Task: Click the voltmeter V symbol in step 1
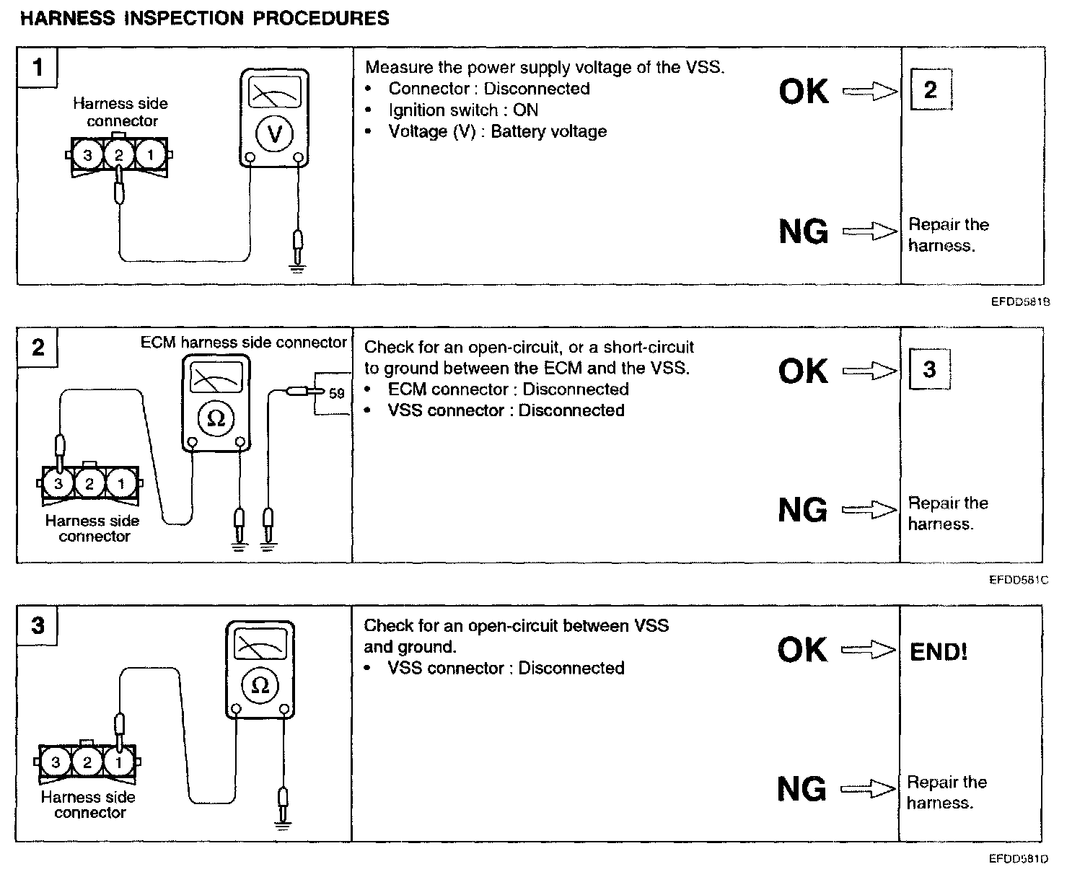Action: [274, 133]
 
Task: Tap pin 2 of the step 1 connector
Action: [119, 155]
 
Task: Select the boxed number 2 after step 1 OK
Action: [930, 90]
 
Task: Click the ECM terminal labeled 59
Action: [336, 394]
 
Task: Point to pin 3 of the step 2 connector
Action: [58, 484]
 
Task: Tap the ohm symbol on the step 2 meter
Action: [216, 418]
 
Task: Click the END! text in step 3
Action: [939, 652]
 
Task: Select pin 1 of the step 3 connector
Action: [118, 762]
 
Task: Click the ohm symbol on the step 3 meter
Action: [260, 685]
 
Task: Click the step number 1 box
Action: [38, 69]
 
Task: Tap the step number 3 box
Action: [38, 625]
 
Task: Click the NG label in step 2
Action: [803, 511]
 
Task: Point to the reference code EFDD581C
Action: [1019, 580]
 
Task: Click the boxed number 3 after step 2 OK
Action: [929, 369]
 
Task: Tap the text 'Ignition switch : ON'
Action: [462, 110]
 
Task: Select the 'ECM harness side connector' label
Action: [244, 343]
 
